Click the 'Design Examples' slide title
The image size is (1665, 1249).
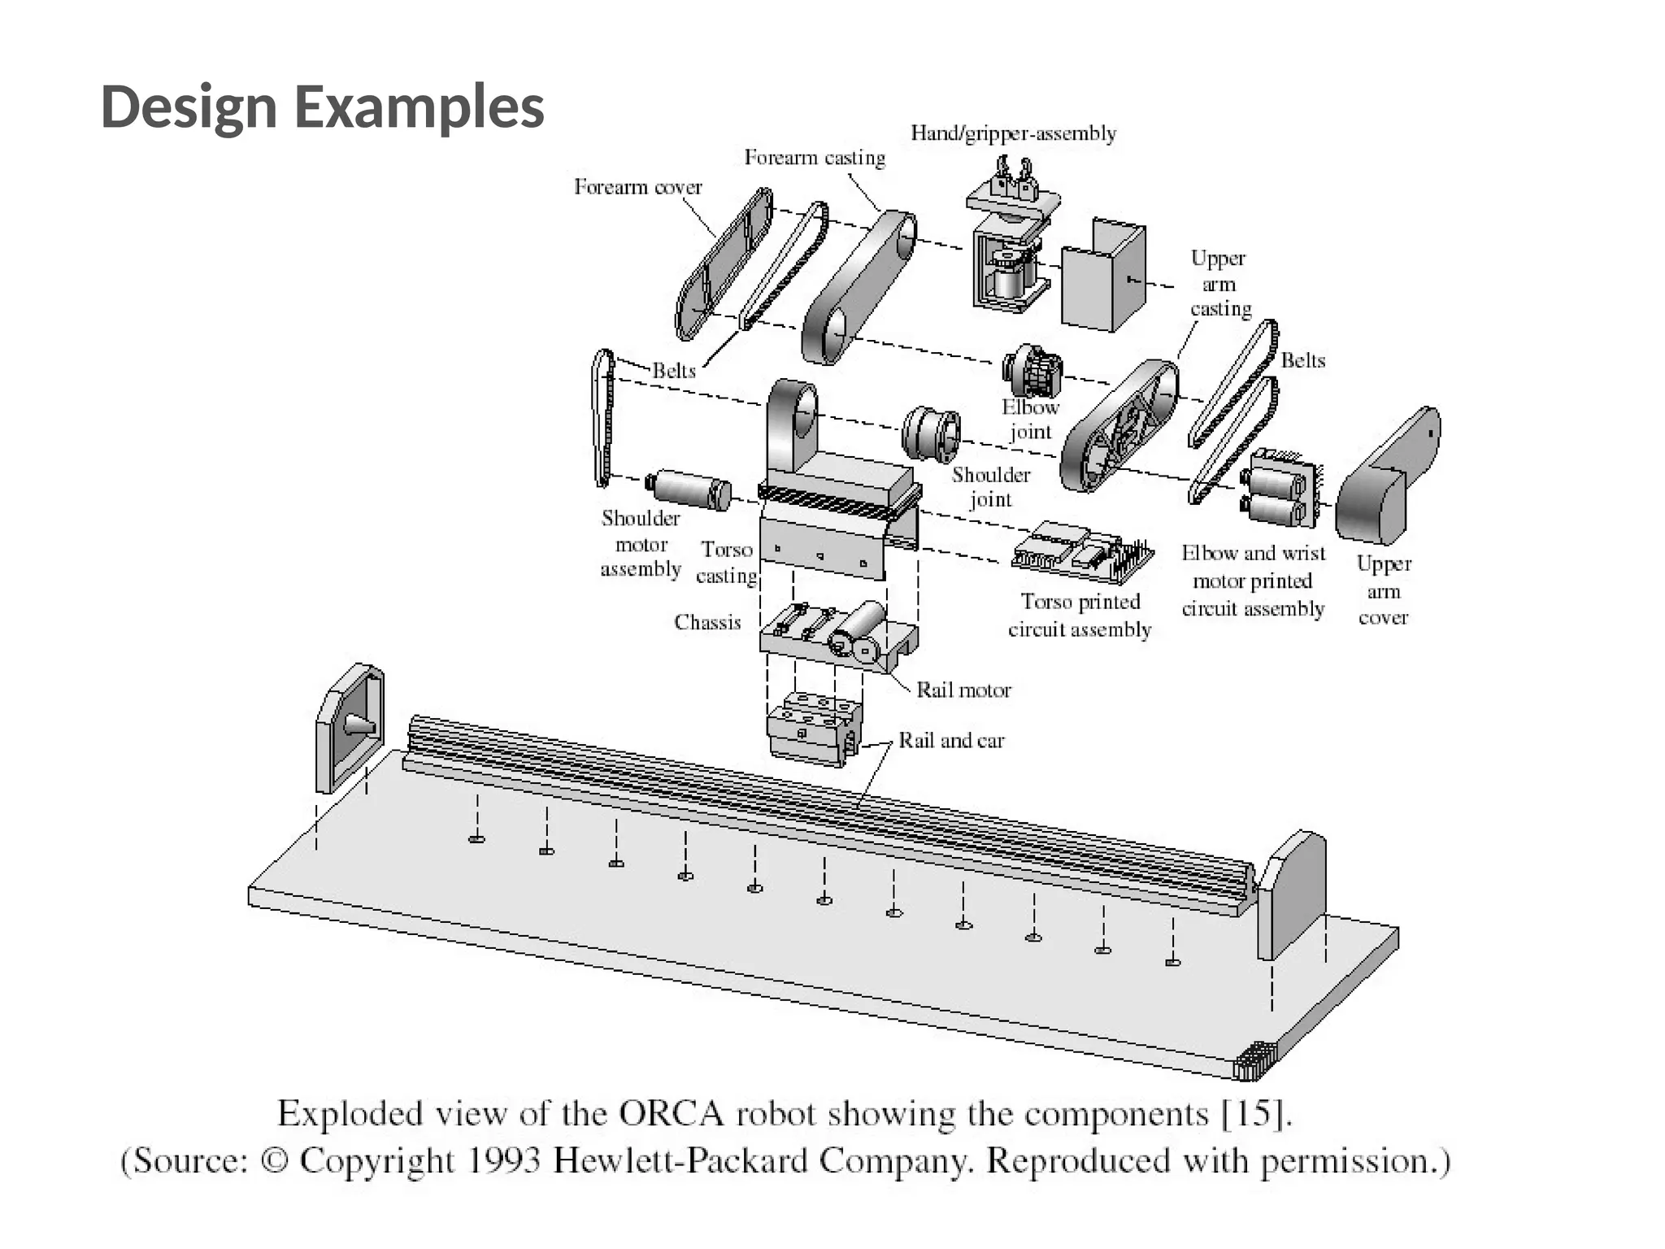[322, 107]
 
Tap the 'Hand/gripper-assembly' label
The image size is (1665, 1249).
[1013, 133]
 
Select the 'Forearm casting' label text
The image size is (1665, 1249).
[815, 158]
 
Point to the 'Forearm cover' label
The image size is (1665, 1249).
[638, 187]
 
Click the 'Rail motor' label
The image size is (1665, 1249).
[963, 690]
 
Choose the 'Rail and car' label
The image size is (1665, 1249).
[951, 741]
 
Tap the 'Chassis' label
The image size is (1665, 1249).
[707, 622]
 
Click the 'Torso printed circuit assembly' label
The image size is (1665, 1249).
[1080, 616]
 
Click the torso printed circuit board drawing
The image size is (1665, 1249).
[1081, 552]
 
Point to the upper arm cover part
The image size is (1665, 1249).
[1386, 480]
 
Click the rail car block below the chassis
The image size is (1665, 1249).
[813, 728]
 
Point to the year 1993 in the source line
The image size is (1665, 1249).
[504, 1160]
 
